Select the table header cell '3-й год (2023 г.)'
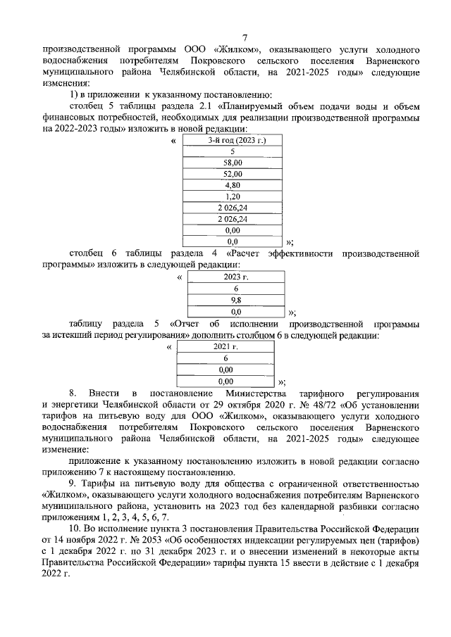[x=232, y=140]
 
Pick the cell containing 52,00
[x=232, y=173]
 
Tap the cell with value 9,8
[x=236, y=300]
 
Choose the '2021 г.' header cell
[x=225, y=347]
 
